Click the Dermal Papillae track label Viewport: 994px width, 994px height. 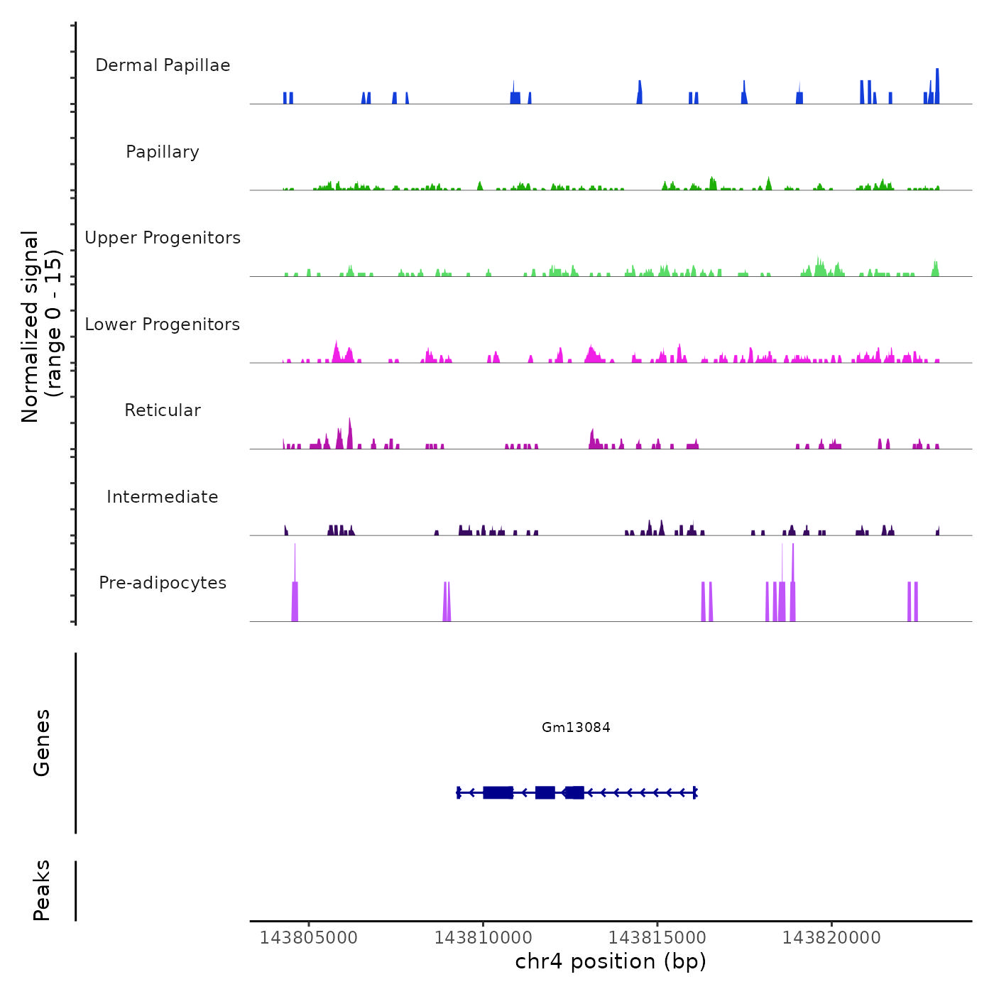tap(163, 65)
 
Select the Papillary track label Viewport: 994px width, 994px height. tap(163, 152)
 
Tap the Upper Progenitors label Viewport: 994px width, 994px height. tap(163, 238)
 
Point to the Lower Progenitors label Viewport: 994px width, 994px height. tap(163, 324)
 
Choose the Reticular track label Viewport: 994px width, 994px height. tap(163, 410)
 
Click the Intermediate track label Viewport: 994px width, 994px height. tap(163, 497)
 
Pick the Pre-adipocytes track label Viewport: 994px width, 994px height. tap(163, 583)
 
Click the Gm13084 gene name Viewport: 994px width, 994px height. tap(576, 727)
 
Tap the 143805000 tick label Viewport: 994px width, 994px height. tap(309, 938)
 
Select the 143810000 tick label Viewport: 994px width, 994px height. tap(483, 938)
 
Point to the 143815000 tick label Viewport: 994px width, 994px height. tap(657, 938)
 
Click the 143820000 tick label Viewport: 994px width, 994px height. tap(831, 938)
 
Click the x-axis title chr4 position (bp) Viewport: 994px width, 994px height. tap(611, 961)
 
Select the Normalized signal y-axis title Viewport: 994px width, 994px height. tap(41, 326)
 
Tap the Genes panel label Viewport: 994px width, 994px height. tap(42, 743)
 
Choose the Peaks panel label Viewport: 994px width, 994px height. tap(42, 890)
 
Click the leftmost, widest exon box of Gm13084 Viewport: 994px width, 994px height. tap(498, 792)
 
